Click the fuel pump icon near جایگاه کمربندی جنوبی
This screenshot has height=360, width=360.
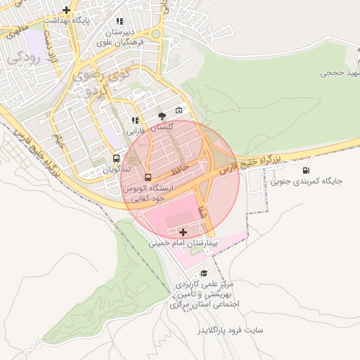(x=306, y=170)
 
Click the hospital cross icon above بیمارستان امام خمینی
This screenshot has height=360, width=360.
(x=184, y=232)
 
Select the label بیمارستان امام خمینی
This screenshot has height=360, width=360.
(x=184, y=243)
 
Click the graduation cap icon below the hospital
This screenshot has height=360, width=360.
(x=205, y=273)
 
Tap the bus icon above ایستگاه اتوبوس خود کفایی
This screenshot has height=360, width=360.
(x=148, y=176)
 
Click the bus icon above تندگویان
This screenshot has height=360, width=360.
(x=116, y=158)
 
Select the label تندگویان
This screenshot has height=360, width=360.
(x=116, y=169)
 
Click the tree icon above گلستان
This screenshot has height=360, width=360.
(x=162, y=115)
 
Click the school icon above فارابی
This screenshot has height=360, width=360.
(x=135, y=121)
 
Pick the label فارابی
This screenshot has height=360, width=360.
(x=134, y=131)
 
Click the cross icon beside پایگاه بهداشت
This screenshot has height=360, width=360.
(x=66, y=10)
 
